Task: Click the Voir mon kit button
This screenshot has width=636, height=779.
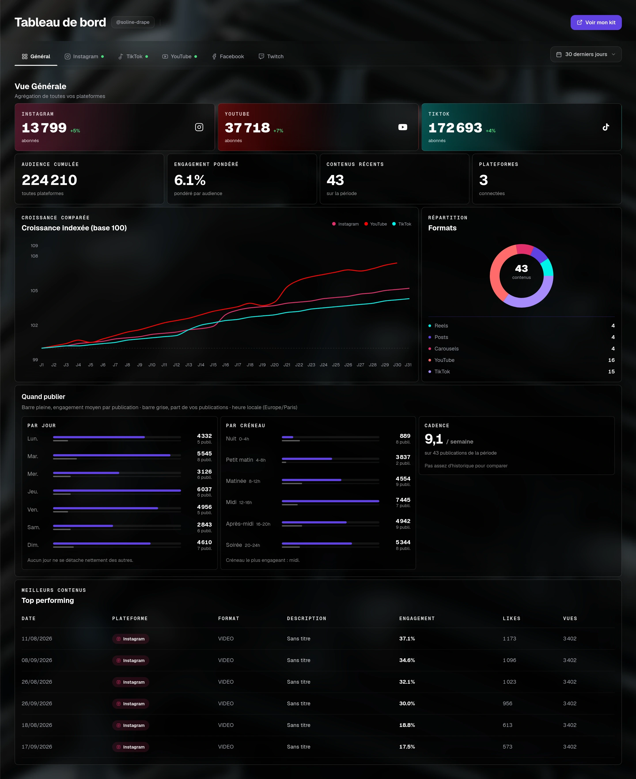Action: pos(596,22)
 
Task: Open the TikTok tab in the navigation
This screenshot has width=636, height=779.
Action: pos(133,56)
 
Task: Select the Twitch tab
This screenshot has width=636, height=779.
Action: pos(271,56)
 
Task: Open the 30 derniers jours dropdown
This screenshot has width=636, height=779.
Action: pos(585,54)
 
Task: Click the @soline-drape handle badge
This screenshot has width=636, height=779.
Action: pos(133,22)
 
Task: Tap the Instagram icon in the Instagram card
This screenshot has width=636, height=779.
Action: pos(199,127)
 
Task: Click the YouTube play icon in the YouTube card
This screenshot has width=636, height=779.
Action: pos(403,127)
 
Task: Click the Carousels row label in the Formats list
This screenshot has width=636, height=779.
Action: pos(446,348)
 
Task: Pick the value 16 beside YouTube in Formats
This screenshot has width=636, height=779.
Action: pos(611,360)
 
